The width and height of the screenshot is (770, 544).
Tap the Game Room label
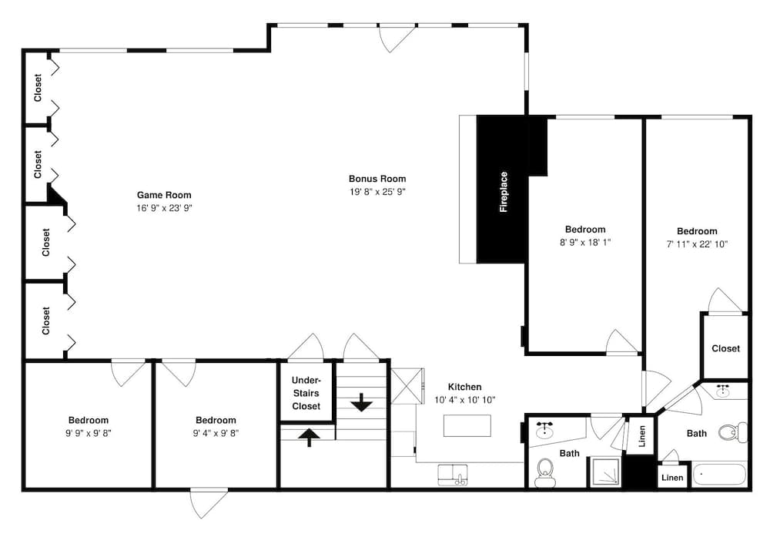pos(164,195)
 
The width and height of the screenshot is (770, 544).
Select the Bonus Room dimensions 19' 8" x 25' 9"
pos(377,191)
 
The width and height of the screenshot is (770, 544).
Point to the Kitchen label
pos(464,387)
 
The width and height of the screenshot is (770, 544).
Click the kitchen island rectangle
pos(467,425)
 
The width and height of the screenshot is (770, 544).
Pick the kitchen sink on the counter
pos(453,475)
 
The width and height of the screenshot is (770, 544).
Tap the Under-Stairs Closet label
pos(306,393)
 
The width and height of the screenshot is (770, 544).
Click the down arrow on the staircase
pos(361,401)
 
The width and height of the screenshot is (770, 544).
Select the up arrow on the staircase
pos(309,437)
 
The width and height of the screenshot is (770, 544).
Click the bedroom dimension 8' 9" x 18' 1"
pos(585,242)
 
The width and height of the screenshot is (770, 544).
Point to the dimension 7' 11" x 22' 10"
pos(697,243)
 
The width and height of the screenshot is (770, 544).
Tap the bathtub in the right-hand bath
pos(719,473)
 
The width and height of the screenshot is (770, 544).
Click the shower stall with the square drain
pos(604,472)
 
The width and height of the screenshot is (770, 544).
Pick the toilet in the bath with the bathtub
pos(732,432)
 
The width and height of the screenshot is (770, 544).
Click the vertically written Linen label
pos(642,436)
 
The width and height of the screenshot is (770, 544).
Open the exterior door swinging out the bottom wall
pos(209,502)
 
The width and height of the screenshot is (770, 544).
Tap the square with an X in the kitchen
pos(407,385)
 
